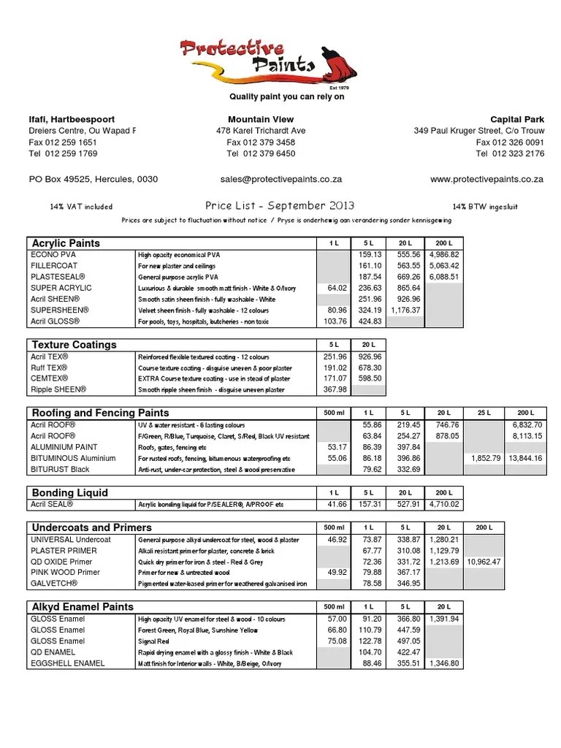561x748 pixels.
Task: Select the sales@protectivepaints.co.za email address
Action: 281,178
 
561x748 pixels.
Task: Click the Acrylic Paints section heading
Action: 66,243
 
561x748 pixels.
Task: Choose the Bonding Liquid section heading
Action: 69,492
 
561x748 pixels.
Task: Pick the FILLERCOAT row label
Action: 53,266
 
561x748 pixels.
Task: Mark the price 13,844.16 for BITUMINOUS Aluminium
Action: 521,457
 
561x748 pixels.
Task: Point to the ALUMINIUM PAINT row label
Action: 64,446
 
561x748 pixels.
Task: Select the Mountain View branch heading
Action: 261,119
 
